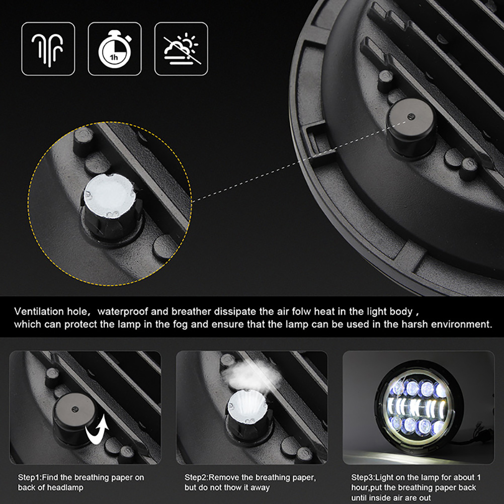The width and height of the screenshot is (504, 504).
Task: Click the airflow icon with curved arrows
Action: (48, 49)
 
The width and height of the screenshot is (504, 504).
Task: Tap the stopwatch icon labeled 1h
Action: (115, 49)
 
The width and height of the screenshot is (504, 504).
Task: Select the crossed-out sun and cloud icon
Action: (181, 49)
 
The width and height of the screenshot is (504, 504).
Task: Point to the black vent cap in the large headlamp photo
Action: (411, 127)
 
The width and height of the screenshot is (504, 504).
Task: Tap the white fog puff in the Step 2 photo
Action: (250, 374)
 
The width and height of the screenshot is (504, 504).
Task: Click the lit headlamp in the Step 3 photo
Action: (418, 406)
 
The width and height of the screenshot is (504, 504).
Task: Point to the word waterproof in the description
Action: (122, 312)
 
